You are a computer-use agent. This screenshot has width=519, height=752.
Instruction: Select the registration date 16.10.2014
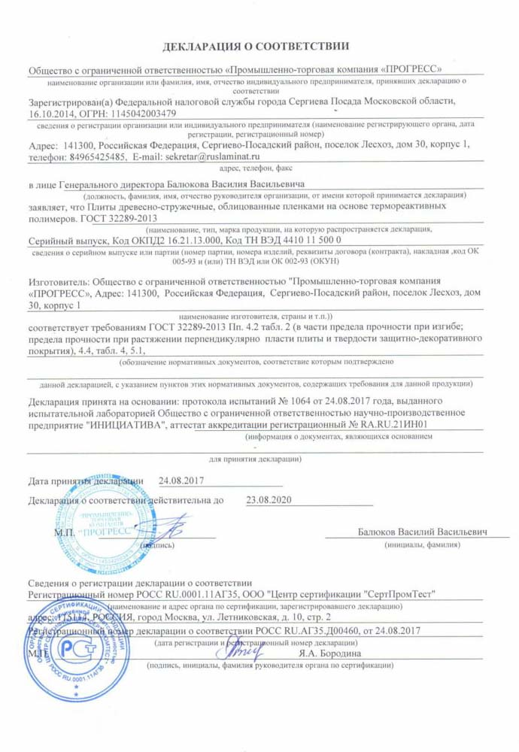click(x=51, y=113)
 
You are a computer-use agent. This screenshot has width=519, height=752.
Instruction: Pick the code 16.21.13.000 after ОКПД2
click(x=175, y=238)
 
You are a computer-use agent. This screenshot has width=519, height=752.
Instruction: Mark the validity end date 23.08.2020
click(x=267, y=499)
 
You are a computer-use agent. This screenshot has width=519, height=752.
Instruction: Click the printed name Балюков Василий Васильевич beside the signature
click(x=422, y=532)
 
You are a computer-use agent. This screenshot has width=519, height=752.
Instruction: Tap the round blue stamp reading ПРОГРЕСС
click(x=105, y=526)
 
